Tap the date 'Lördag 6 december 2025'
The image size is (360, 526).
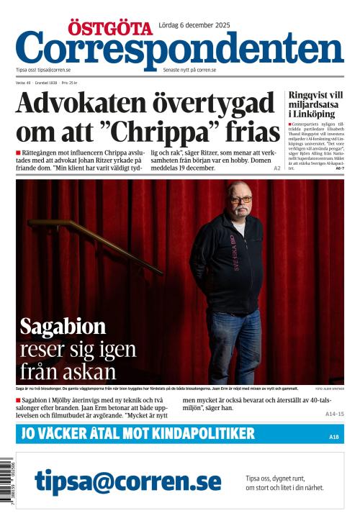196,26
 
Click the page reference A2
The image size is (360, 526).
277,168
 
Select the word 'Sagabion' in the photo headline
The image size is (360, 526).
63,326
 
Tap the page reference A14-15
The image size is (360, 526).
335,414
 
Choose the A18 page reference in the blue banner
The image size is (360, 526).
333,437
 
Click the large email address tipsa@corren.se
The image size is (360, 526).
127,481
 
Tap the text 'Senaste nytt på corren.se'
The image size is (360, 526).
189,70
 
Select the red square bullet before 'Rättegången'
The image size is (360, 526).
18,153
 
